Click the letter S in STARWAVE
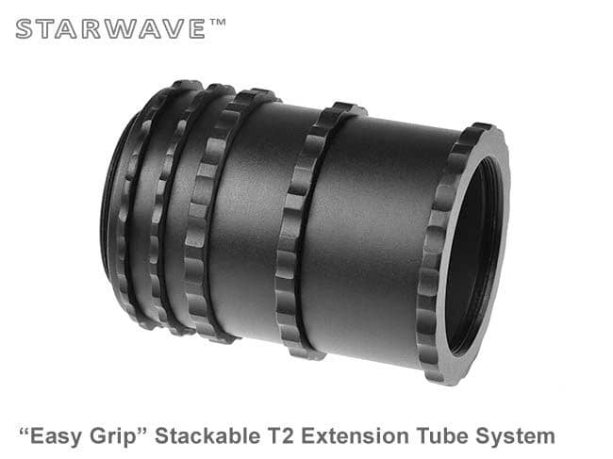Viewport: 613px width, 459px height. [24, 28]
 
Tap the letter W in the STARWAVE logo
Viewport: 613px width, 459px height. [110, 28]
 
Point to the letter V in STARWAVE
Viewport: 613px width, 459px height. [162, 28]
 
